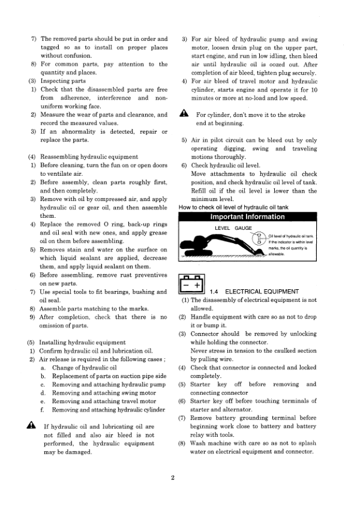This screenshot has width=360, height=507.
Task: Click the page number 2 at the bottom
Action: [x=172, y=478]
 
